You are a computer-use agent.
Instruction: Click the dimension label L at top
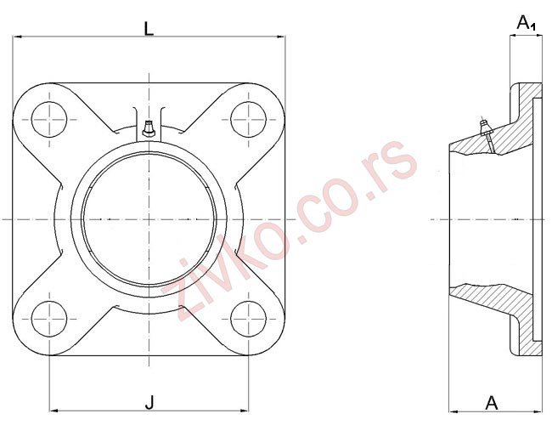pos(149,28)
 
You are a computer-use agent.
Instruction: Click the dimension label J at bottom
pos(149,399)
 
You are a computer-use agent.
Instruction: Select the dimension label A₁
pos(527,23)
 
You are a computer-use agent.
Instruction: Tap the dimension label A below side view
pos(491,402)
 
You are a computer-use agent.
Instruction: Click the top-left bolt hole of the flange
pos(49,117)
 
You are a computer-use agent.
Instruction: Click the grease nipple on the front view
pos(149,129)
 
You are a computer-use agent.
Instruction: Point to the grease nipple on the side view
pos(486,127)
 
